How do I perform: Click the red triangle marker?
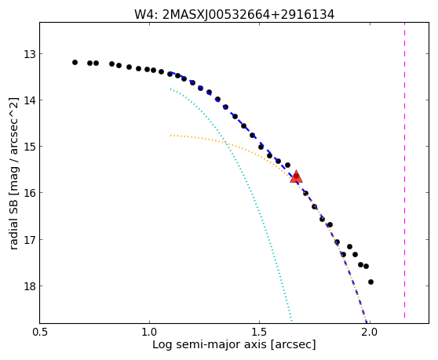(296, 176)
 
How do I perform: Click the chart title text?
(234, 15)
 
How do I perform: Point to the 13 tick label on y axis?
(30, 54)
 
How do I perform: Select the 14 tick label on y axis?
(30, 100)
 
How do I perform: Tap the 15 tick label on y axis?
(30, 146)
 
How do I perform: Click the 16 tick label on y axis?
(30, 193)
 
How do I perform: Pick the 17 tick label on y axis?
(30, 239)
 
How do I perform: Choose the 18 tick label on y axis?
(30, 285)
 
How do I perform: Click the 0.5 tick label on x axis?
(40, 333)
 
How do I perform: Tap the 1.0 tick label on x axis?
(150, 333)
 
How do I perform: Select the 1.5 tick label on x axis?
(260, 333)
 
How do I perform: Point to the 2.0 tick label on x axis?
(370, 333)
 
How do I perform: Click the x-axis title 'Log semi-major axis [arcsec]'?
(234, 344)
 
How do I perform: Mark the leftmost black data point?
(75, 62)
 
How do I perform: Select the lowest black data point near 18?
(370, 282)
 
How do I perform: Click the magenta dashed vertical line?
(404, 170)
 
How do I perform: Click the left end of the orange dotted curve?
(170, 136)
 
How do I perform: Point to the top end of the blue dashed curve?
(170, 73)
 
